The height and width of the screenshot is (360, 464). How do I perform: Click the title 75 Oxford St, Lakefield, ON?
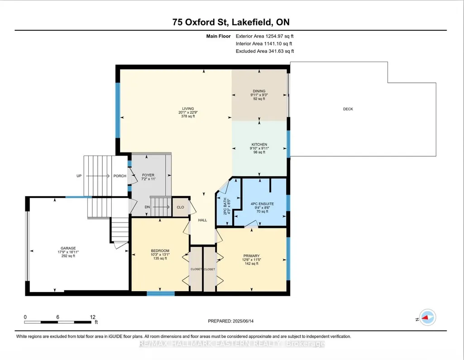(x=231, y=22)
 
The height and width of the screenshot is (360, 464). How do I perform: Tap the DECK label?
(x=348, y=109)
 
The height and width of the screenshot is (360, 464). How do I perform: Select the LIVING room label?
(x=188, y=109)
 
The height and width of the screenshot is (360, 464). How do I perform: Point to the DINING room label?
(x=259, y=91)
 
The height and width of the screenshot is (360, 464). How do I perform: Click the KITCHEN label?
(x=259, y=145)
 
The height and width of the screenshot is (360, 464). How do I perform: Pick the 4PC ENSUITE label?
(x=262, y=204)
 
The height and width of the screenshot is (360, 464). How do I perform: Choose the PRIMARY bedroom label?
(x=252, y=256)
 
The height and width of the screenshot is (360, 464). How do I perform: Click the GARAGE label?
(x=68, y=248)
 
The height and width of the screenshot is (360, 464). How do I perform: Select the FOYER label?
(x=148, y=175)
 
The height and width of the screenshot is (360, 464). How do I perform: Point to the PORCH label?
(x=120, y=176)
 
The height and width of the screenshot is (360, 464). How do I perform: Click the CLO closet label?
(x=181, y=207)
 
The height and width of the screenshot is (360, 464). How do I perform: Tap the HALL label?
(x=203, y=220)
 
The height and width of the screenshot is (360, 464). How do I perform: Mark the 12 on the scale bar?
(x=93, y=317)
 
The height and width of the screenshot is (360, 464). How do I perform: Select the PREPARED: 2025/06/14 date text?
(x=231, y=321)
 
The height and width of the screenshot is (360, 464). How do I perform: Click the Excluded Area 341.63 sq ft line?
(x=265, y=51)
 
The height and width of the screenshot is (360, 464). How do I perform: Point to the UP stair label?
(x=79, y=176)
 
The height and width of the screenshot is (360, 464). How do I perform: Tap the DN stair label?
(x=148, y=207)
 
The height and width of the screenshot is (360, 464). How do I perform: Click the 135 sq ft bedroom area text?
(x=160, y=258)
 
